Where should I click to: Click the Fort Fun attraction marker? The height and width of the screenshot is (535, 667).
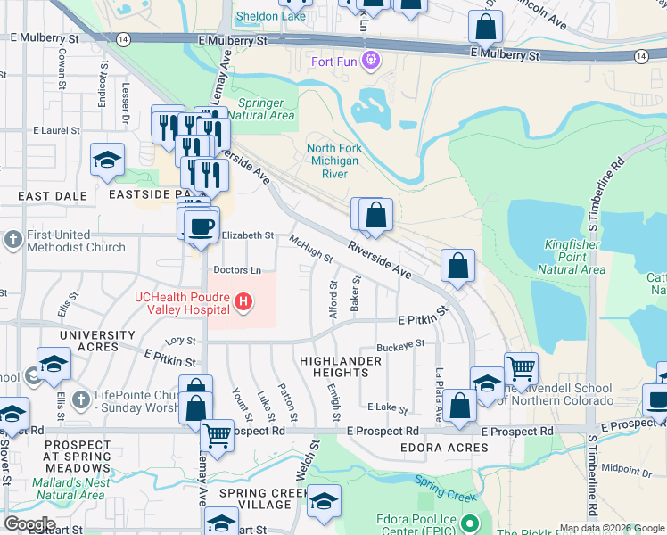pos(371,62)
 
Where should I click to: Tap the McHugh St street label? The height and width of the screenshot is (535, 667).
pos(311,249)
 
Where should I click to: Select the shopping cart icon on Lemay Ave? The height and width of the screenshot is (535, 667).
pos(217,435)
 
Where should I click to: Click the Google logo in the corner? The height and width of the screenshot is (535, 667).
pos(29,524)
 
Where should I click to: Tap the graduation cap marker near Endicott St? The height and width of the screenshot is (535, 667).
pos(107,160)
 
